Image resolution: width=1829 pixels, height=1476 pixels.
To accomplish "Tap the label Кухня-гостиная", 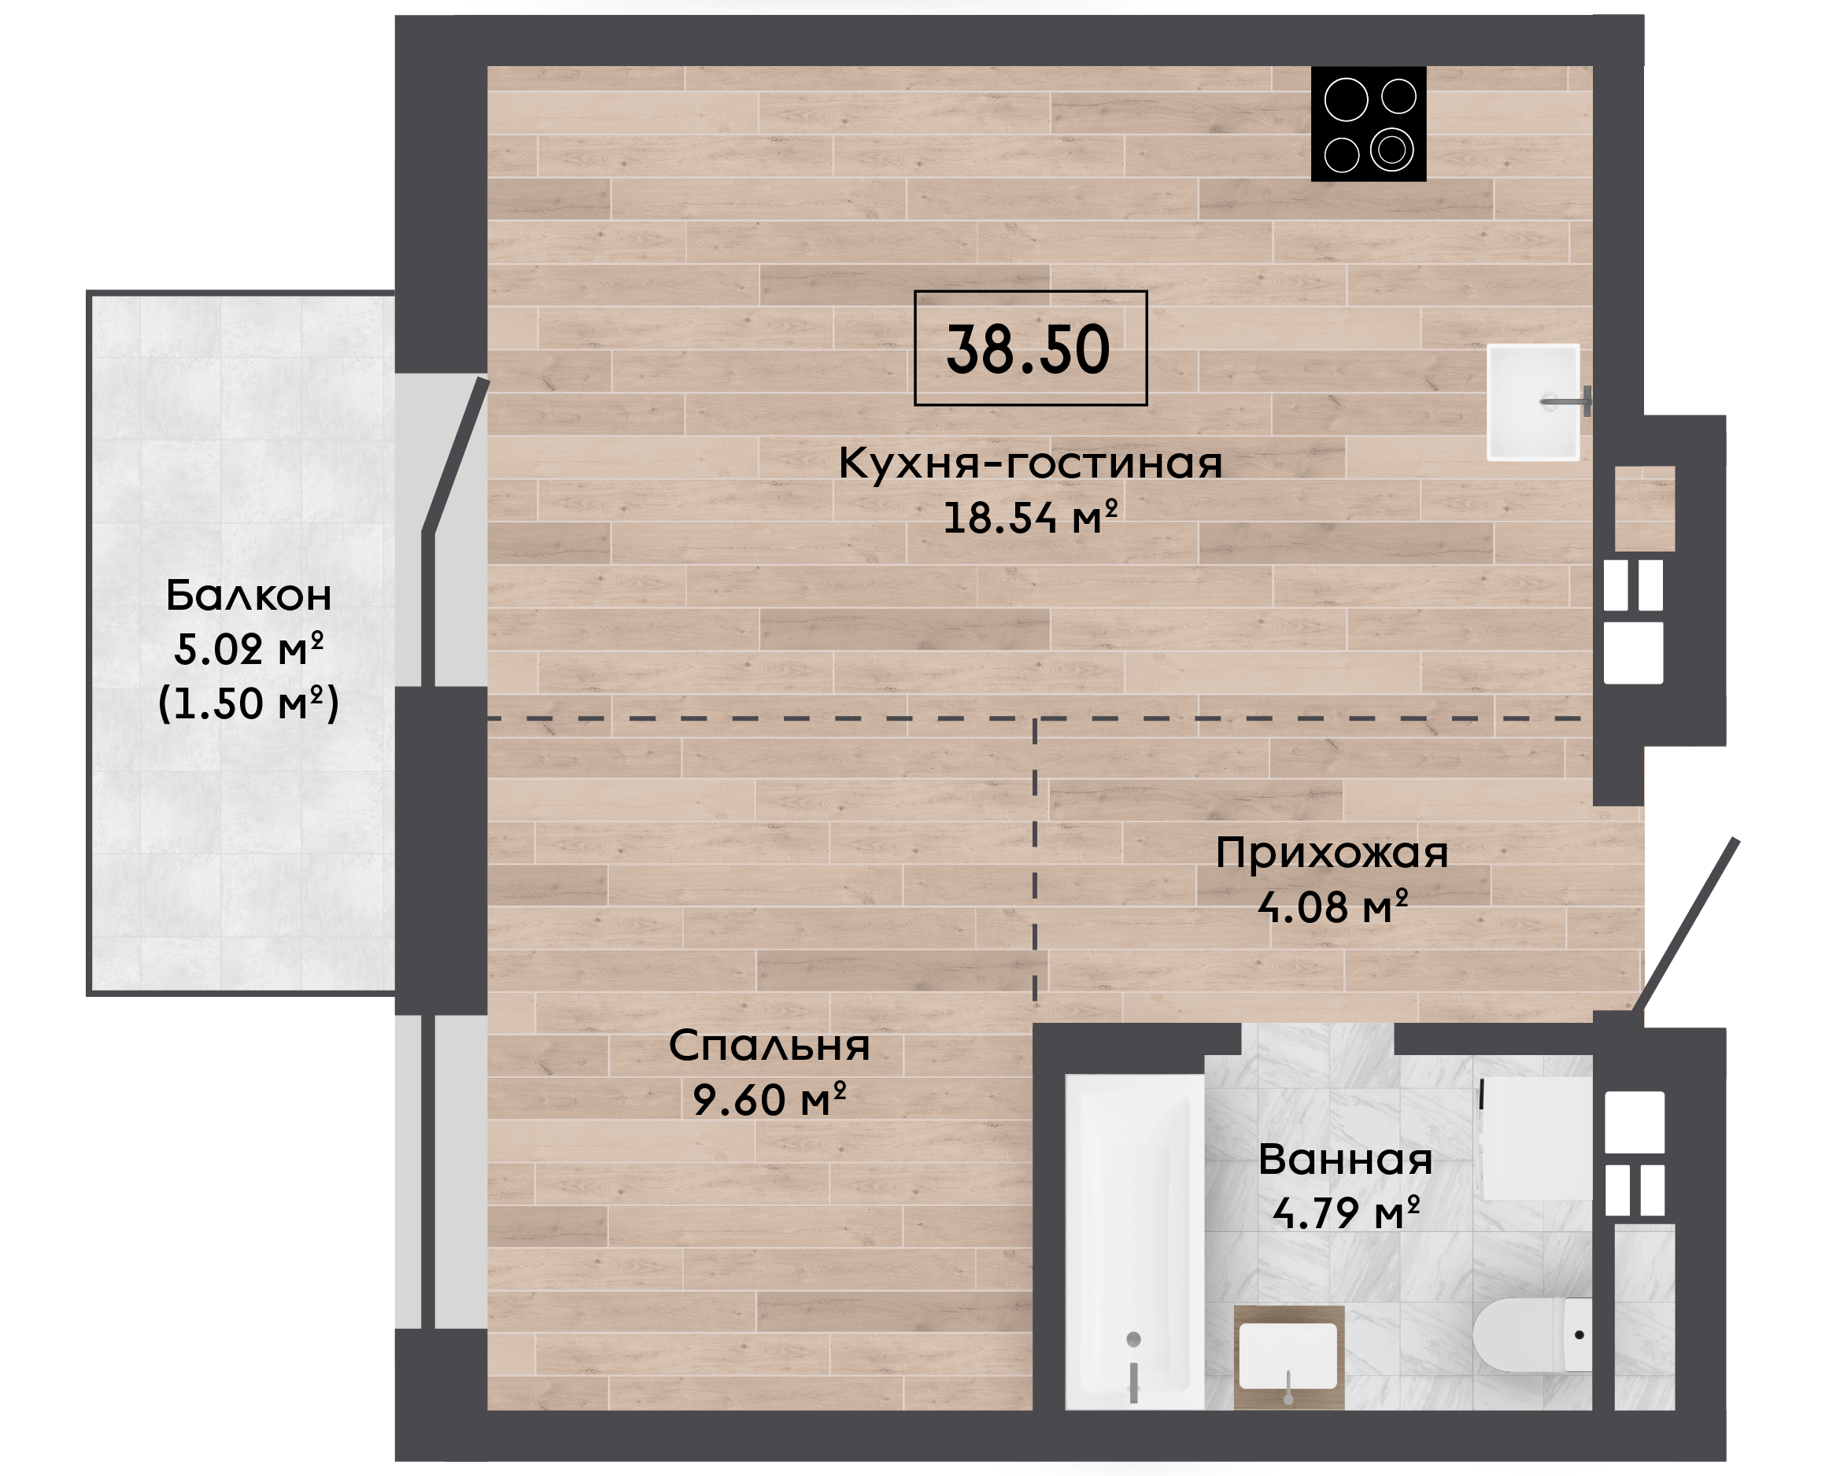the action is coord(1029,463).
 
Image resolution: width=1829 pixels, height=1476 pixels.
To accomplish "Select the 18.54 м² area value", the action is coord(1029,517).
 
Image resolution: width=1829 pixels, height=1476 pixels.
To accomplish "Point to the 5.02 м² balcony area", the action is coord(248,649).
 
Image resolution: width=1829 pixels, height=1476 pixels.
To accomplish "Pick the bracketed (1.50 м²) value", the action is coord(248,703).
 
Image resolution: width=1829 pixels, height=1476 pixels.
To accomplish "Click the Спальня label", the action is coord(769,1046).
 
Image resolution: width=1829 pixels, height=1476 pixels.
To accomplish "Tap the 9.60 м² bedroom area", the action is coord(769,1099).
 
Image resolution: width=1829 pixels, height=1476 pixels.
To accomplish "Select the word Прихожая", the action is coord(1332,853).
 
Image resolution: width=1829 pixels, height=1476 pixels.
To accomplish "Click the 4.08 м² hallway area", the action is coord(1332,906).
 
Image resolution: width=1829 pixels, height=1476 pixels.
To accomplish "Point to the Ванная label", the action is coord(1345,1160).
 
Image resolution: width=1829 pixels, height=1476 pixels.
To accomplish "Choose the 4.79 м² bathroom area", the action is coord(1345,1213).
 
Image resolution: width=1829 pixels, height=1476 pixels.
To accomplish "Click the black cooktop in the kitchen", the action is coord(1368,124).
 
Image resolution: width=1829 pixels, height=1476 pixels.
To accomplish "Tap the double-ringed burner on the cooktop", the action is coord(1392,149).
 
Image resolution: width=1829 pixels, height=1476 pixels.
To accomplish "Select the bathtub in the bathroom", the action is coord(1134,1242).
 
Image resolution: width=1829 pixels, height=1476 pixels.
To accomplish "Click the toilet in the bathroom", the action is coord(1532,1335).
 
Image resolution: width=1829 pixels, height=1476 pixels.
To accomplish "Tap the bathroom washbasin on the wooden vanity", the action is coord(1288,1356).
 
